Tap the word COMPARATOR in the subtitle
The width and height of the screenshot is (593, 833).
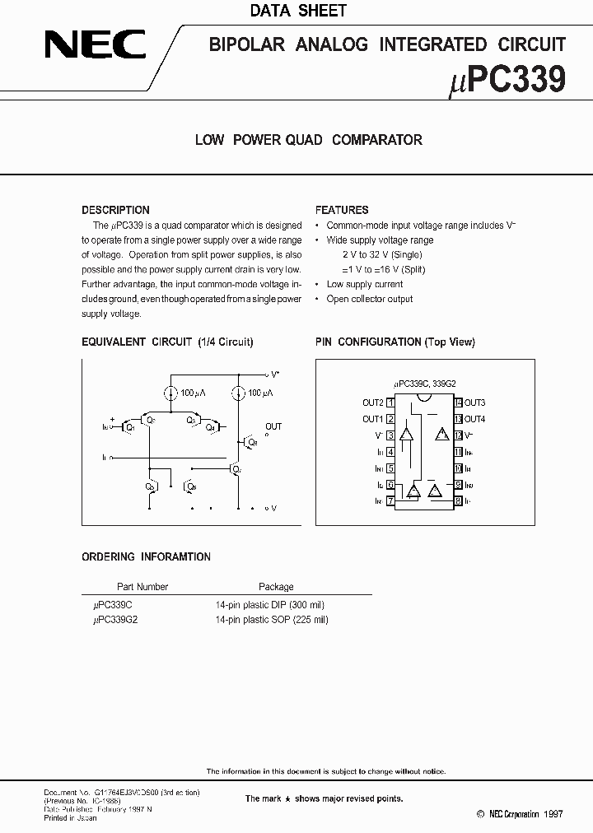(377, 140)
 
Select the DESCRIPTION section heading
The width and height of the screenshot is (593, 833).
(115, 210)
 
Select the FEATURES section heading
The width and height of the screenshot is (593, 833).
(342, 210)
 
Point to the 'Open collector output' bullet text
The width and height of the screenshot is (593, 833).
(370, 299)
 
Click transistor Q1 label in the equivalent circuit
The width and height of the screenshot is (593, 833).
(129, 427)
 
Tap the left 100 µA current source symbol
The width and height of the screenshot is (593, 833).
(170, 393)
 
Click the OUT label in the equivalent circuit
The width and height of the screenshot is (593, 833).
(273, 426)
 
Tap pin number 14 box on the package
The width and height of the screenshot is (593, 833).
(458, 403)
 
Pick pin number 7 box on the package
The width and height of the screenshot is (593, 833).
(390, 500)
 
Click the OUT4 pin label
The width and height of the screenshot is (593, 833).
(474, 419)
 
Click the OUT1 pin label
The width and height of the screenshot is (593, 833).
(373, 419)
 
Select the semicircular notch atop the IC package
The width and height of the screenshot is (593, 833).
(424, 399)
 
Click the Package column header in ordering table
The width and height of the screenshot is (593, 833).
(276, 587)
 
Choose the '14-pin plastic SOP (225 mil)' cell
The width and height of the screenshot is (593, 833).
(272, 620)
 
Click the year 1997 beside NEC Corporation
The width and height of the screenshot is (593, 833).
(553, 812)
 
